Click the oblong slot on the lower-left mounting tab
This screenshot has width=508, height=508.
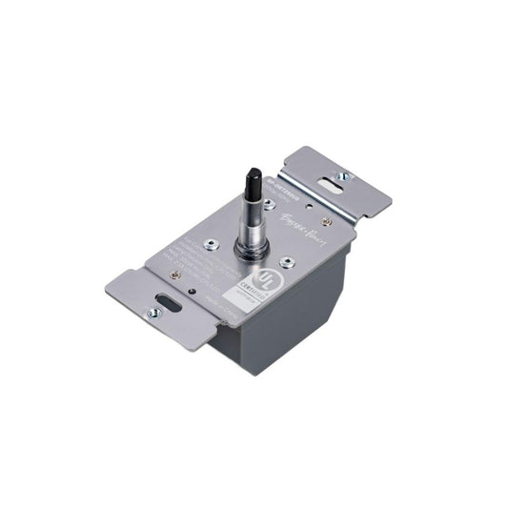(164, 307)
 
